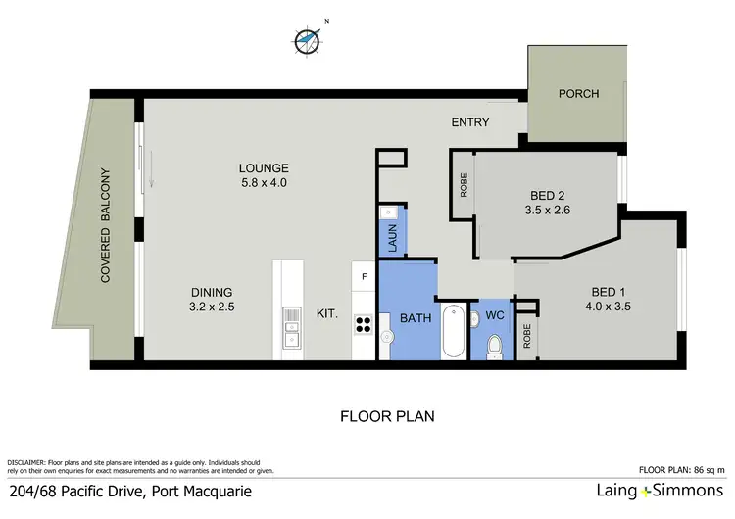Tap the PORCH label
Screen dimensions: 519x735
578,94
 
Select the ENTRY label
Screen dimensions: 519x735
469,122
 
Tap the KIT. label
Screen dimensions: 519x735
326,314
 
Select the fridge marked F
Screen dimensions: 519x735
364,275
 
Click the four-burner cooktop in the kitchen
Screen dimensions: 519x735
363,323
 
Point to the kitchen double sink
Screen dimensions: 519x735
291,328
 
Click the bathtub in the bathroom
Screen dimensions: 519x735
453,333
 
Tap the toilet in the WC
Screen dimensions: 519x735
495,344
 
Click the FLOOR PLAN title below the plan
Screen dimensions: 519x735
387,416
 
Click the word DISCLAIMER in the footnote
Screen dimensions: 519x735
28,461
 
